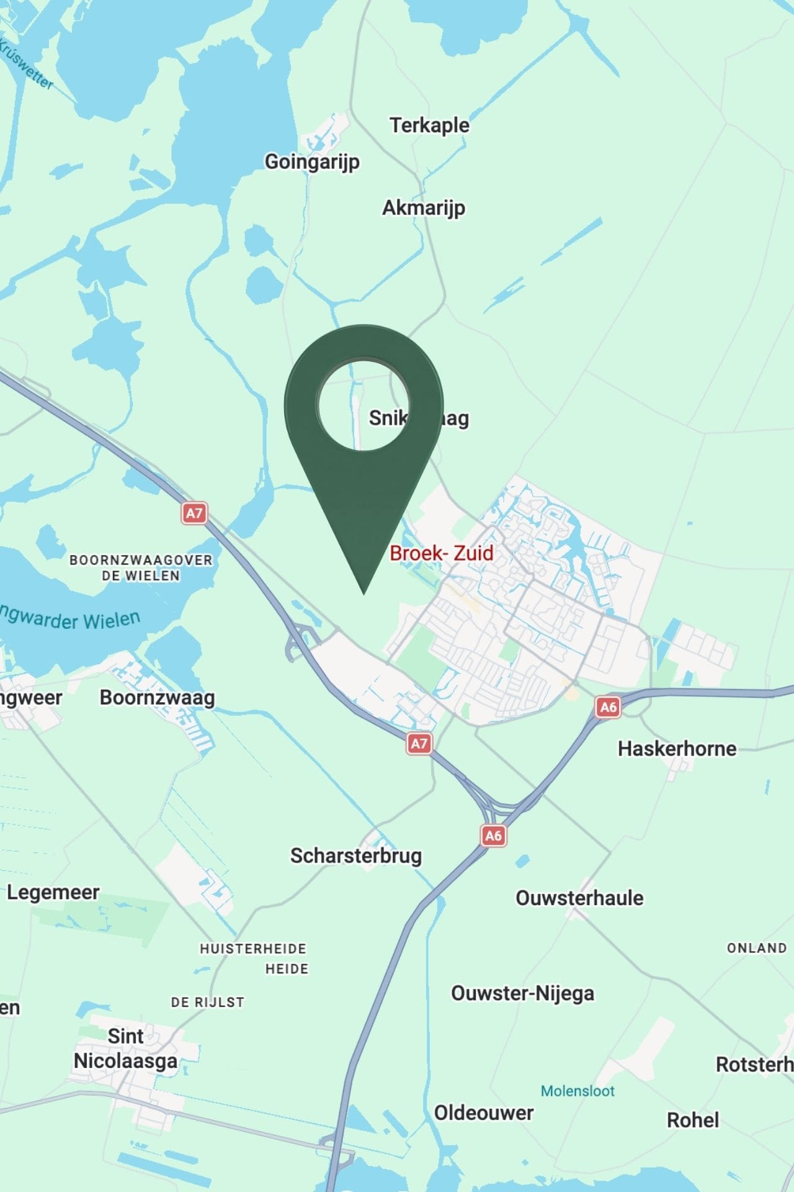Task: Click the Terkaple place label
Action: (429, 125)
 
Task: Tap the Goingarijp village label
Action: (312, 161)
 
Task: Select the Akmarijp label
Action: (423, 207)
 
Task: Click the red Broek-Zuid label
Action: (441, 553)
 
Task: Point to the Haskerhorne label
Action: (677, 748)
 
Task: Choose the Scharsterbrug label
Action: (356, 856)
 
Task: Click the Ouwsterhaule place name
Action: (579, 898)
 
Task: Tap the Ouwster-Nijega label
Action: (522, 993)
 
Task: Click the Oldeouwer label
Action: (484, 1113)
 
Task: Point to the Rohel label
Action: (693, 1120)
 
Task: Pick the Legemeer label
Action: (53, 892)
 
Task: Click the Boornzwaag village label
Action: (157, 697)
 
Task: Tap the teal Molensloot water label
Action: (578, 1091)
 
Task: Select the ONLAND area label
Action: (757, 948)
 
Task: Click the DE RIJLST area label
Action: (207, 1002)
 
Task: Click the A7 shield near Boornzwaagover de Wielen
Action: (194, 513)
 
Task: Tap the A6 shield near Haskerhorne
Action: (609, 707)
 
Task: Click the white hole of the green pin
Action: (363, 404)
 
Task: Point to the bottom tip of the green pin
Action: (364, 593)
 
